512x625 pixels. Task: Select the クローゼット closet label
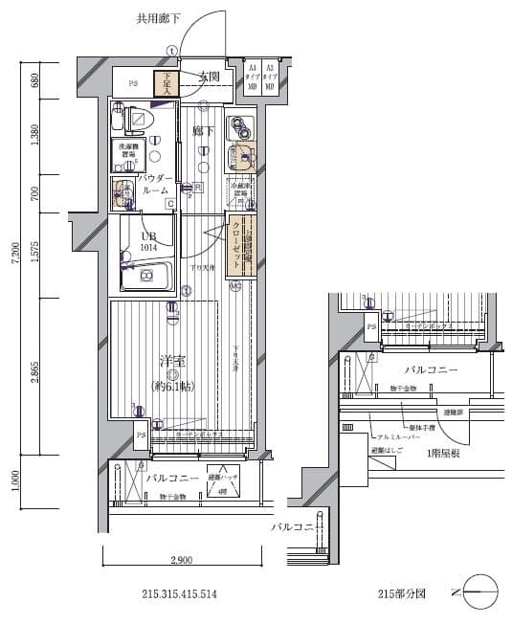[x=236, y=243]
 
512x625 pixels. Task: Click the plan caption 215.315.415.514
[x=179, y=594]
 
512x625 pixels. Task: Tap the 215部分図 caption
[x=401, y=594]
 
